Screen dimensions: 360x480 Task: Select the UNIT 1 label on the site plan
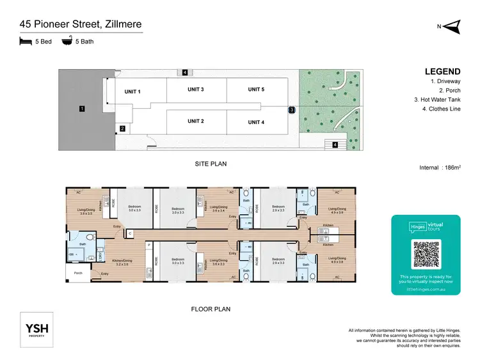pyautogui.click(x=132, y=91)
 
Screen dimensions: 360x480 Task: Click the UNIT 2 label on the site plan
pyautogui.click(x=195, y=121)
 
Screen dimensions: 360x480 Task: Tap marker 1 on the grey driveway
pyautogui.click(x=82, y=109)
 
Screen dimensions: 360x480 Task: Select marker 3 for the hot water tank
pyautogui.click(x=291, y=110)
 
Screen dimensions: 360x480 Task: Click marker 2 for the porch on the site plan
pyautogui.click(x=122, y=129)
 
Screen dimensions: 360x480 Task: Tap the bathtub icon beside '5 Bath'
pyautogui.click(x=67, y=42)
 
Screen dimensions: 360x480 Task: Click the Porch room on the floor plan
pyautogui.click(x=78, y=273)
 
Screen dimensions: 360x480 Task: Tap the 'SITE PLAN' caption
pyautogui.click(x=211, y=164)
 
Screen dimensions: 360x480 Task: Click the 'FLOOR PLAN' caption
pyautogui.click(x=211, y=309)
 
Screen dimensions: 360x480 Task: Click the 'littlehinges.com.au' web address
pyautogui.click(x=426, y=288)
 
